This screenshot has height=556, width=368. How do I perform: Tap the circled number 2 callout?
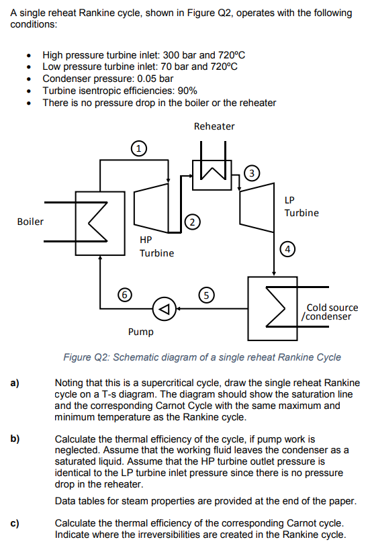tap(192, 222)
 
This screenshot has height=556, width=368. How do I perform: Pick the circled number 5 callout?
tap(207, 293)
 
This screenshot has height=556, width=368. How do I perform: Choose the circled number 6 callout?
tap(123, 293)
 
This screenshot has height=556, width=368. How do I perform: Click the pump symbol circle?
tap(164, 308)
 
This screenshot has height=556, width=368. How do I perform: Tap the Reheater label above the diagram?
tap(214, 126)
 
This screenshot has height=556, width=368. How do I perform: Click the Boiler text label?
tap(30, 222)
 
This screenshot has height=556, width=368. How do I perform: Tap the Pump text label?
tap(140, 332)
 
